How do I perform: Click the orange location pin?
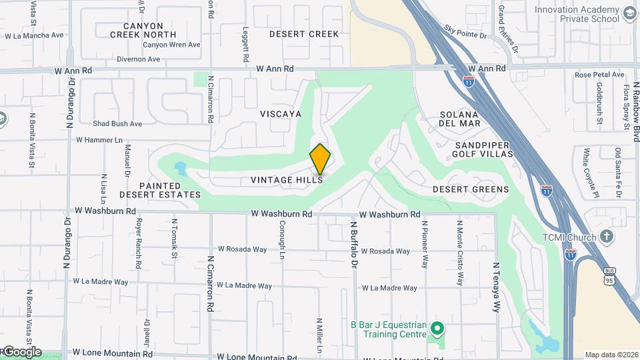tap(320, 159)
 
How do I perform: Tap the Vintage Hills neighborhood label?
tap(287, 180)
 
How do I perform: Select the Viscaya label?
tap(281, 114)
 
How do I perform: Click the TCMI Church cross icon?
tap(606, 236)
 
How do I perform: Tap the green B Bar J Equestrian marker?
tap(437, 329)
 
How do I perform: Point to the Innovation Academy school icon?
tap(629, 14)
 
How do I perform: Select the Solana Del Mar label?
tap(460, 119)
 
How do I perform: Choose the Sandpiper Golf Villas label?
tap(483, 149)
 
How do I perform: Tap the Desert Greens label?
tap(471, 189)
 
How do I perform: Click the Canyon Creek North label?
tap(143, 30)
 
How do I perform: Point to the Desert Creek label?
tap(304, 34)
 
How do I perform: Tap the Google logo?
tap(21, 352)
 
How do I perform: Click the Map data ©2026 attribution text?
tap(611, 355)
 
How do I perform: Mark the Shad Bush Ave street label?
tap(117, 123)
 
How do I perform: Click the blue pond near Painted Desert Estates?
tap(180, 167)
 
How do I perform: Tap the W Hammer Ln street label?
tap(100, 140)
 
